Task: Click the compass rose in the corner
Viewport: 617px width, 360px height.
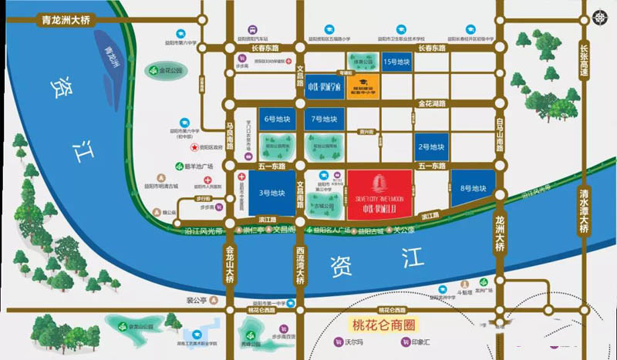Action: coord(601,16)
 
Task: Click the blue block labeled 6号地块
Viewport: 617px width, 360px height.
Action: coord(277,119)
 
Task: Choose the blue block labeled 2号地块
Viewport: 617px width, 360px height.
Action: coord(430,146)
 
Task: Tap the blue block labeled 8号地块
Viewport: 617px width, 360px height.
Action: coord(473,188)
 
